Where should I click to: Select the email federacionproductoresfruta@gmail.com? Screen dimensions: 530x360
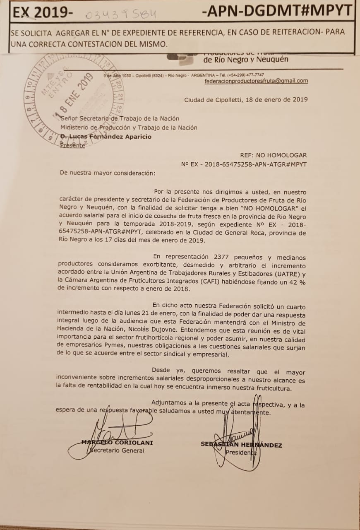(256, 81)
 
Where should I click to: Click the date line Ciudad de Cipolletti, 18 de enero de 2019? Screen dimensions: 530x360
(246, 99)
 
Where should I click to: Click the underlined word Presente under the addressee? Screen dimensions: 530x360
(73, 145)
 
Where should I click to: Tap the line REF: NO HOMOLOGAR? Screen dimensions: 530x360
(273, 155)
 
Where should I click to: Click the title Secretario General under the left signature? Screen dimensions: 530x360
(118, 450)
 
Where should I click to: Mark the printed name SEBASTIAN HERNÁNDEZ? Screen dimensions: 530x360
(241, 445)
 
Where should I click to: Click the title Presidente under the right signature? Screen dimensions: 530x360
(241, 453)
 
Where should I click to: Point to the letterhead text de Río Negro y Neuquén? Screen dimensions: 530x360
(246, 59)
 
